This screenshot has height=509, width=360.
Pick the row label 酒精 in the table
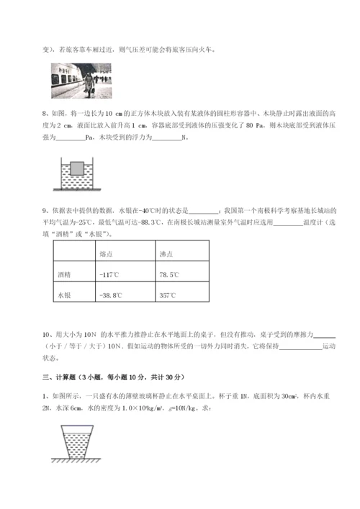click(x=64, y=275)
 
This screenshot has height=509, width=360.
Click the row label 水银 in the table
click(x=64, y=294)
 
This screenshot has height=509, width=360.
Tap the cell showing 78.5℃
click(x=169, y=275)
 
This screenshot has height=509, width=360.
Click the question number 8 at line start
click(x=45, y=114)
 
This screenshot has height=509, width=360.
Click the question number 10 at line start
click(x=47, y=335)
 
